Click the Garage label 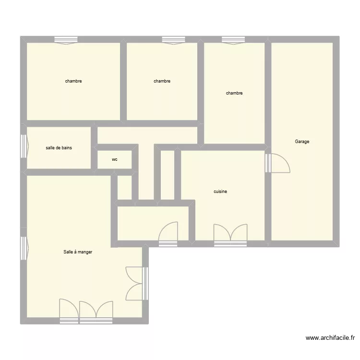pyautogui.click(x=302, y=142)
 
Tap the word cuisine pyautogui.click(x=220, y=192)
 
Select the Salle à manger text pyautogui.click(x=78, y=252)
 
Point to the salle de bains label pyautogui.click(x=59, y=148)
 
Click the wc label pyautogui.click(x=115, y=159)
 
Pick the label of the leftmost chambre pyautogui.click(x=73, y=81)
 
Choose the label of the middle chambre pyautogui.click(x=162, y=81)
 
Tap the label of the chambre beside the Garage pyautogui.click(x=234, y=93)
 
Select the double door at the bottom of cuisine pyautogui.click(x=230, y=233)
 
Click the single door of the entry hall pyautogui.click(x=168, y=232)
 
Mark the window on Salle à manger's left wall pyautogui.click(x=24, y=248)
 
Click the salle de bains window pyautogui.click(x=24, y=145)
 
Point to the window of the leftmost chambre pyautogui.click(x=66, y=40)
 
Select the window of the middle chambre pyautogui.click(x=174, y=40)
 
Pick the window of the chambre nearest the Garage pyautogui.click(x=234, y=40)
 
